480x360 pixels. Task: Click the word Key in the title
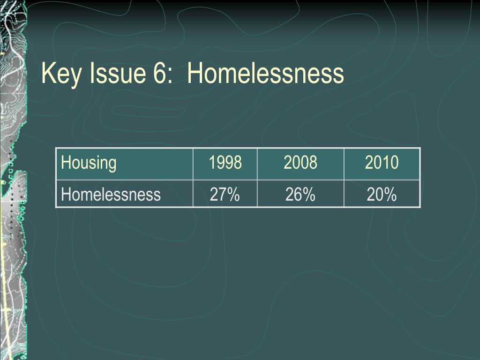pos(61,74)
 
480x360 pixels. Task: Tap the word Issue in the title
pos(118,73)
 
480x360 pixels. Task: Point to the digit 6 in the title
pos(159,73)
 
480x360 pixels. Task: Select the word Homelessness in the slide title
pos(265,73)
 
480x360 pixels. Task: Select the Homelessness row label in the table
pos(111,195)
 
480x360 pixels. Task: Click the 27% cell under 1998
pos(225,195)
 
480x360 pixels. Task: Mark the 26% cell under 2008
pos(300,195)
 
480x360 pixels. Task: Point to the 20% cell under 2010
pos(382,195)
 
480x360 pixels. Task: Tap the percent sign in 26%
pos(309,195)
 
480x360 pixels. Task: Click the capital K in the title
pos(48,73)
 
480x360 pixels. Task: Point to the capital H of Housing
pos(66,162)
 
